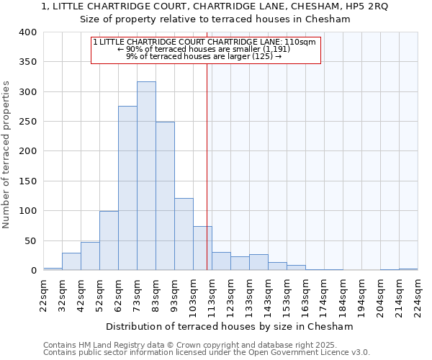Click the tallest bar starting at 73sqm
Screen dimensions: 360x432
tap(146, 176)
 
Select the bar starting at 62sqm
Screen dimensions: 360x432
tap(127, 188)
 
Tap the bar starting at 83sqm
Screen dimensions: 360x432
tap(165, 196)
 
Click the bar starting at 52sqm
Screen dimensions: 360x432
tap(109, 240)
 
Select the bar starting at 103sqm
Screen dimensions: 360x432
tap(202, 248)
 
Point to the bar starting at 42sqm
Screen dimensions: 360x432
tap(90, 256)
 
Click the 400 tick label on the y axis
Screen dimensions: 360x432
tap(27, 32)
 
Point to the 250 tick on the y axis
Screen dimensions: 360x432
tap(27, 122)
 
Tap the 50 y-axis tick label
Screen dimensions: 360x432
tap(30, 240)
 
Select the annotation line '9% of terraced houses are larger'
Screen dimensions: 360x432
tap(204, 56)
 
